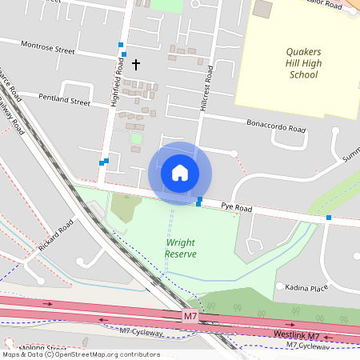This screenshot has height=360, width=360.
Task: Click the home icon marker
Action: point(180,173)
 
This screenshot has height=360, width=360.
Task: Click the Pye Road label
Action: point(237,209)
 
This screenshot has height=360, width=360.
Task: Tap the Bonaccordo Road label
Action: point(276,126)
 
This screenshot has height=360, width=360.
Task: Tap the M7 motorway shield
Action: point(190,317)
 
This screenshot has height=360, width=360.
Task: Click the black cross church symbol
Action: point(135,63)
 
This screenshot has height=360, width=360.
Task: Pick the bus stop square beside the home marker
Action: point(199,201)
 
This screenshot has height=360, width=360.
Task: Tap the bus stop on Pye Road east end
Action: point(328,218)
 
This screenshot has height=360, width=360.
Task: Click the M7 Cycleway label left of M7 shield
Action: point(141,331)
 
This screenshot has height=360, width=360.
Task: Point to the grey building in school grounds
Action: point(262,10)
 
